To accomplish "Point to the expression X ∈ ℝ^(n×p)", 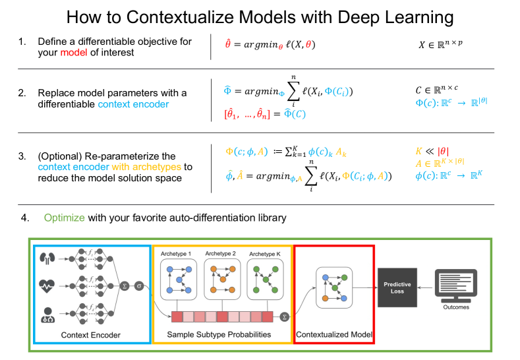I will (442, 45).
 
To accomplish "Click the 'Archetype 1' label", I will (179, 253).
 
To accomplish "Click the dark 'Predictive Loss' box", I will (397, 287).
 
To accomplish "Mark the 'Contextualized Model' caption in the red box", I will (334, 334).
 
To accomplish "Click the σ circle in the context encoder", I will (139, 286).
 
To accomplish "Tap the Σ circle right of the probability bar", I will (284, 316).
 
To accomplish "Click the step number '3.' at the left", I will (22, 156).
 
